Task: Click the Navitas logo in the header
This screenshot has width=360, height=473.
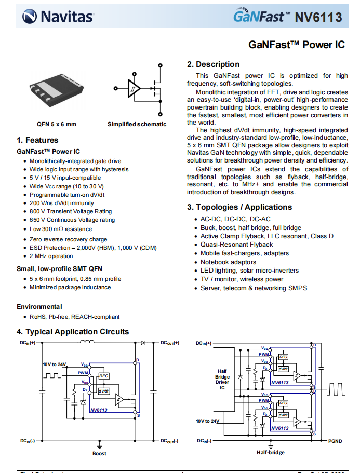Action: tap(58, 17)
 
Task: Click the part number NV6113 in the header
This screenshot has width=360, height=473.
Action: tap(318, 17)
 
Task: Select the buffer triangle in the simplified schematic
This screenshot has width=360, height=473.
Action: tap(134, 88)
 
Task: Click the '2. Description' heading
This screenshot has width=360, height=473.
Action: tap(213, 64)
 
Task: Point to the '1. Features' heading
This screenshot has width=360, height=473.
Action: tap(37, 140)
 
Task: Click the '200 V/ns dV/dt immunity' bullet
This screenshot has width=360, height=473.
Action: tap(62, 203)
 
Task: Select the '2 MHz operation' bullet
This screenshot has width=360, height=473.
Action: tap(51, 256)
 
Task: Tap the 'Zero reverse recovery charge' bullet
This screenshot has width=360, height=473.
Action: tap(68, 239)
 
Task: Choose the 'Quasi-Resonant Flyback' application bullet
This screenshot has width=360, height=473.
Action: tap(236, 245)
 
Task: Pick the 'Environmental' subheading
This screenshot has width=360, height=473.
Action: tap(39, 307)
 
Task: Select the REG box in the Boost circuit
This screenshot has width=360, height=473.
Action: tap(104, 376)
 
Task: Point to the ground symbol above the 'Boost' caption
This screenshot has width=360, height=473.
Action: tap(99, 444)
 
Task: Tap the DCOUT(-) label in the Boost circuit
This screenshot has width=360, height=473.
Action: tap(169, 441)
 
